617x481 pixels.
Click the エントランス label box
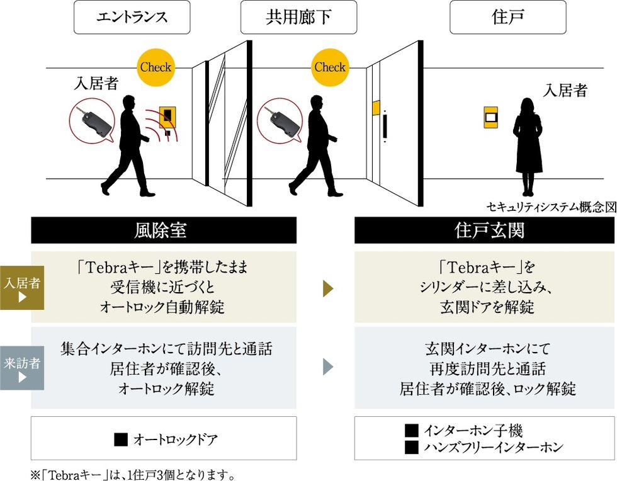click(132, 18)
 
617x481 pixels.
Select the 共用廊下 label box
click(298, 18)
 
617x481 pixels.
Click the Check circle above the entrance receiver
click(155, 67)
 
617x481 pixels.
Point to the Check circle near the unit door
click(330, 67)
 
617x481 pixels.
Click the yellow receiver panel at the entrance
click(167, 116)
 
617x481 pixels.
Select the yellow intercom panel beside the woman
click(491, 117)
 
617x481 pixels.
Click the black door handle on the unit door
click(385, 126)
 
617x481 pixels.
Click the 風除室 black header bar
click(164, 231)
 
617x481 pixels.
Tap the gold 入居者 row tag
click(22, 288)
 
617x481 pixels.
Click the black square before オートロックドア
click(121, 439)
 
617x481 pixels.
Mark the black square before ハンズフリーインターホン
click(412, 448)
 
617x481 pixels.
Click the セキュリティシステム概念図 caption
click(551, 207)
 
